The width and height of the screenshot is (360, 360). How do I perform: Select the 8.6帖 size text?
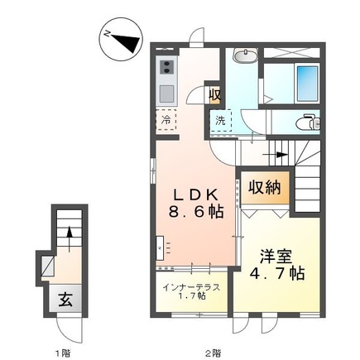[x=194, y=212]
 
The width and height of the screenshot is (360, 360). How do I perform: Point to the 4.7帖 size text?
[x=275, y=275]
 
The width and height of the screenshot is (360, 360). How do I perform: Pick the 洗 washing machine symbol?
[x=220, y=121]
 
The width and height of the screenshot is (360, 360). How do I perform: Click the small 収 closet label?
[x=214, y=94]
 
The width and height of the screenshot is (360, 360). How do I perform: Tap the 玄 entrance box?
[x=65, y=299]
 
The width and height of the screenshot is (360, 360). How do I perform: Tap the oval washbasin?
[x=244, y=56]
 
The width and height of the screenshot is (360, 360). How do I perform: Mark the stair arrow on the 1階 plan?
[x=70, y=237]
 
